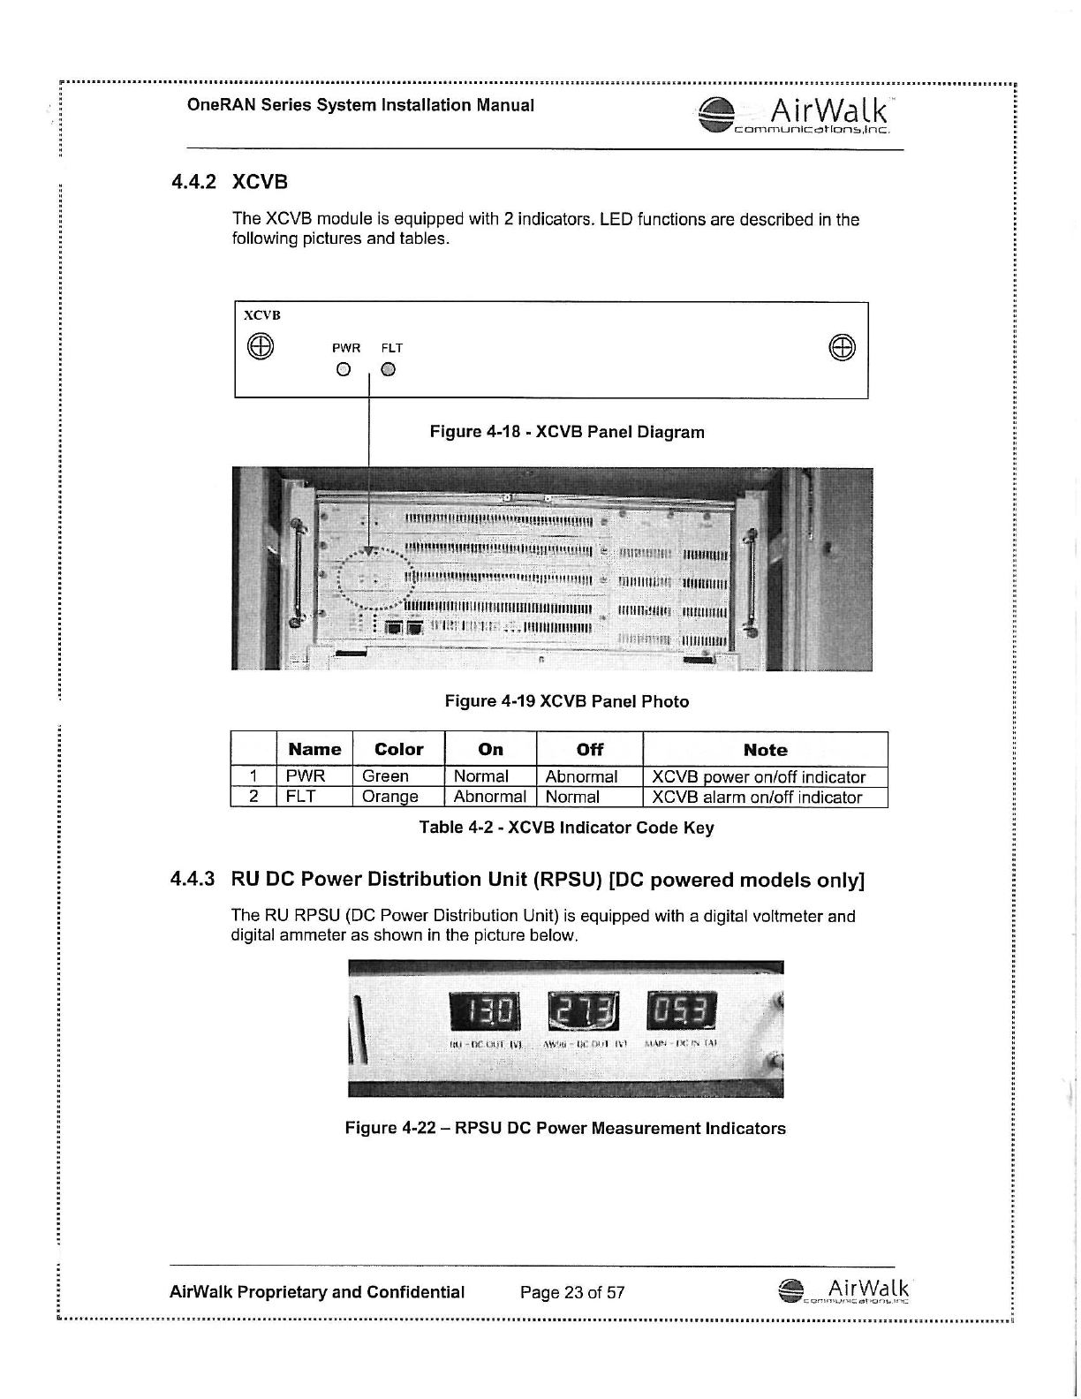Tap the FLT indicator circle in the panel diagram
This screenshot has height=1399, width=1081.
tap(389, 369)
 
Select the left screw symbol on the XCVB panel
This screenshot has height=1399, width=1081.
tap(260, 345)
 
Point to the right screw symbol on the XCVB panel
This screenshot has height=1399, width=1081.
tap(842, 347)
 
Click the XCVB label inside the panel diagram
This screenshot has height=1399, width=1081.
tap(262, 315)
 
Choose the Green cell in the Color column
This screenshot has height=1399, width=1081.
tap(386, 776)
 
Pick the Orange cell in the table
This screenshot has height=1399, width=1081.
tap(390, 797)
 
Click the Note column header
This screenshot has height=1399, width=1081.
tap(765, 750)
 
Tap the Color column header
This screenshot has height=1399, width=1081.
tap(399, 749)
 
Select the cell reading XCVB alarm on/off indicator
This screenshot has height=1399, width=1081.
tap(757, 798)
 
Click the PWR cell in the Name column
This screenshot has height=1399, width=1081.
tap(306, 776)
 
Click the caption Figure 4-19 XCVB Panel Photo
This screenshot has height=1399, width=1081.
tap(566, 701)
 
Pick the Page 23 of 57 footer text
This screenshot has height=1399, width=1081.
tap(572, 1292)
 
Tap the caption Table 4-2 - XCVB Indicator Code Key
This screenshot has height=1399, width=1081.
tap(566, 828)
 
